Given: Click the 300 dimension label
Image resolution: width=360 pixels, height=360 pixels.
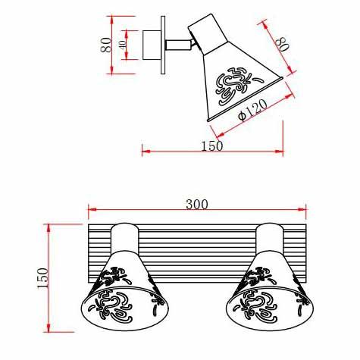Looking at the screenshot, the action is click(x=197, y=205).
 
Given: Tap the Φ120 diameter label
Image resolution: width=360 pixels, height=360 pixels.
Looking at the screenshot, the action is click(x=253, y=111).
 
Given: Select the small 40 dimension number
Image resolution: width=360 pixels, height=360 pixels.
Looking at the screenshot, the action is click(x=123, y=45).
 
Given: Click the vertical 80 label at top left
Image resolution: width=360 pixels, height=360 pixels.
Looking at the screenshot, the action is click(x=106, y=45).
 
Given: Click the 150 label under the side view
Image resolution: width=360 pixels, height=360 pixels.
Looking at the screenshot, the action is click(x=212, y=146).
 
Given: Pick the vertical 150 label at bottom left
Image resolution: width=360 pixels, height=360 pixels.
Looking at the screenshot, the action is click(x=42, y=278).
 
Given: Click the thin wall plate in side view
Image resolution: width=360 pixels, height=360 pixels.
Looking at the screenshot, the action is click(x=163, y=45).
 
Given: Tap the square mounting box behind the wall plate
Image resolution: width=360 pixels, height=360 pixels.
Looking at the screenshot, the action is click(x=152, y=45).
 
